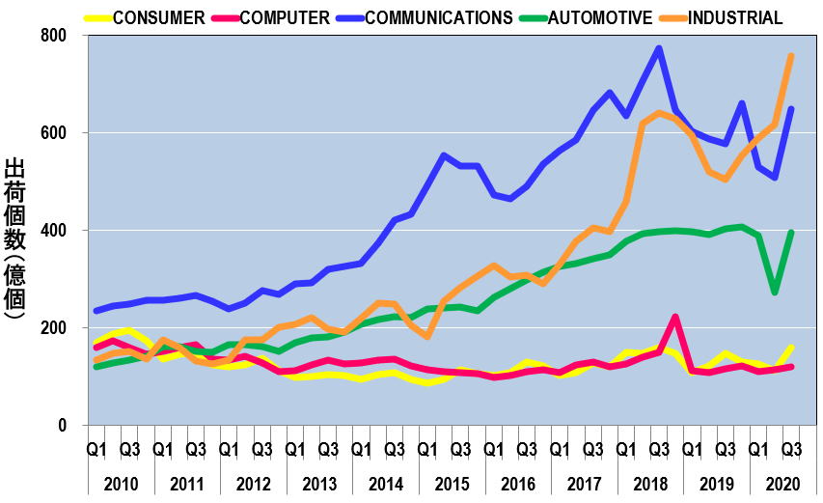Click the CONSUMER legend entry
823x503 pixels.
[159, 17]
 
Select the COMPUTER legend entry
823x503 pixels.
[285, 17]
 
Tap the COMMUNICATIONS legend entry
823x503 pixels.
[439, 17]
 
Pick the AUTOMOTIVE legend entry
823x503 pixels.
[599, 17]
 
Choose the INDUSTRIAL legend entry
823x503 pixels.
[735, 17]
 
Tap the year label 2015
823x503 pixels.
[451, 484]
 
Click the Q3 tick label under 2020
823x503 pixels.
[791, 449]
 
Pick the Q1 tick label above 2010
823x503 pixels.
[96, 449]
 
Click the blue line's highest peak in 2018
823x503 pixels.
[659, 48]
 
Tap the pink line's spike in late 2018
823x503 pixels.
[675, 317]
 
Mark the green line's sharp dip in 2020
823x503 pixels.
[775, 292]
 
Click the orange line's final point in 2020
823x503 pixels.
[791, 56]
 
